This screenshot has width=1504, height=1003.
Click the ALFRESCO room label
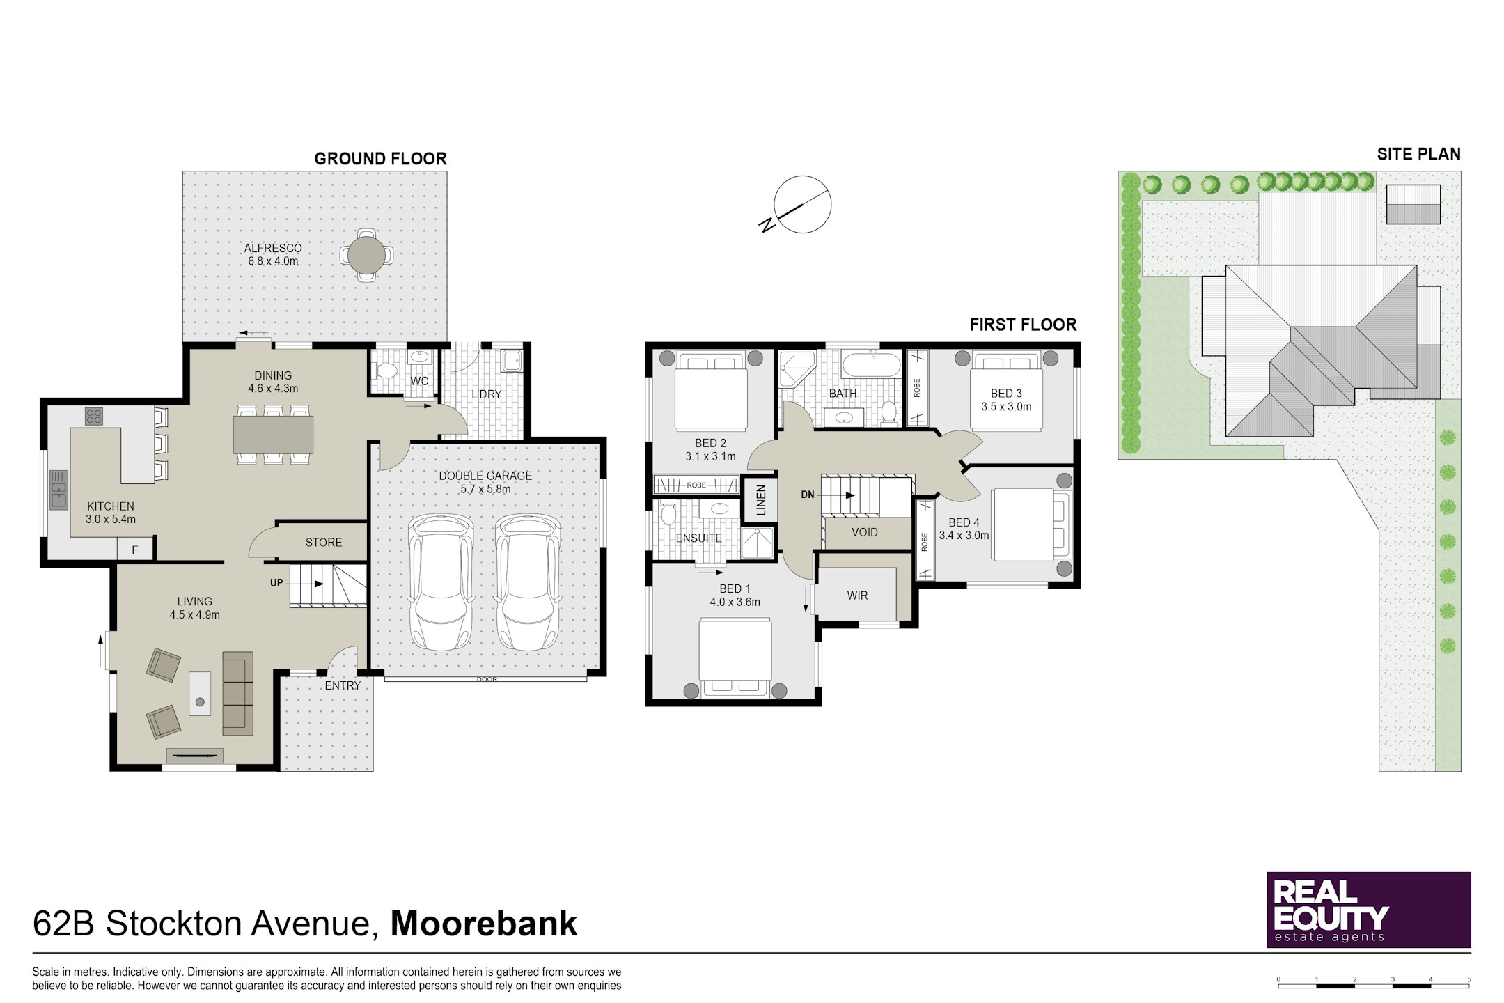[273, 248]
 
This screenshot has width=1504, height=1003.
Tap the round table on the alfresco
[366, 255]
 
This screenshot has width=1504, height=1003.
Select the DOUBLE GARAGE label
[485, 476]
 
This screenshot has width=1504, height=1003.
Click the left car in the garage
[440, 582]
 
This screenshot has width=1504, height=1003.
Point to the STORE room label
[324, 543]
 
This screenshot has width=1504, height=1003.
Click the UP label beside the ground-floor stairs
[276, 583]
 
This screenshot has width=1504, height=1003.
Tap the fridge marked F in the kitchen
[135, 550]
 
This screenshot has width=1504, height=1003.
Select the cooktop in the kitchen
[94, 417]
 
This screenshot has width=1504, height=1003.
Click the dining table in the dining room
[273, 435]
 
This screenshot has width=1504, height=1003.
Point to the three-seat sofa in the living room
[237, 694]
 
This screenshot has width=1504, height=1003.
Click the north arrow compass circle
[802, 204]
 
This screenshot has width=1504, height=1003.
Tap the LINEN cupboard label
[761, 500]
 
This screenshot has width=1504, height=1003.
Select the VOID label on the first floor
[865, 532]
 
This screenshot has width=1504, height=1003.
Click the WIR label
[857, 596]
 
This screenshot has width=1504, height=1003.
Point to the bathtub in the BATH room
[871, 365]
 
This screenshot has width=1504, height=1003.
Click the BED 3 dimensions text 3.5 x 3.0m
[1006, 407]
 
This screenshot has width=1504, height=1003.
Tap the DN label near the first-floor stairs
[808, 495]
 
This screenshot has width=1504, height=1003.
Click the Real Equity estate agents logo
[1368, 910]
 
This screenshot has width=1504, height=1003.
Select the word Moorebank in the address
[484, 924]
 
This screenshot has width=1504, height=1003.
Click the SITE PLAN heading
[1418, 154]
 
